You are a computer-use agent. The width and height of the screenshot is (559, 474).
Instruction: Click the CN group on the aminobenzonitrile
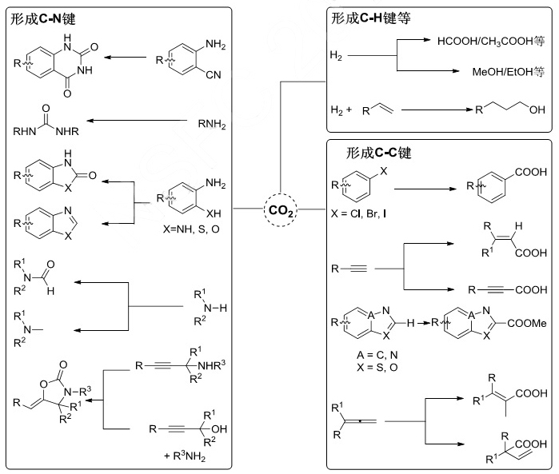point(212,81)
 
